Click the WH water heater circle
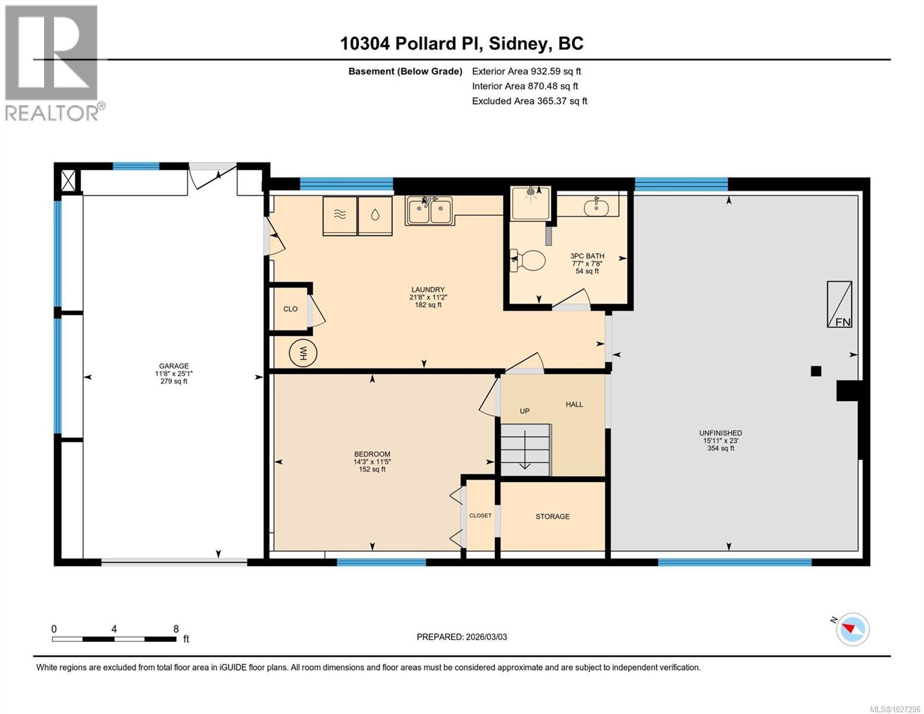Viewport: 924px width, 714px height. pos(303,352)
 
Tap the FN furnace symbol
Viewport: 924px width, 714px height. pos(839,304)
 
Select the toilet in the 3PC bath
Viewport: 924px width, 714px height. pos(528,260)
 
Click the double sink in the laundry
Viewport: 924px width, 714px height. pos(430,210)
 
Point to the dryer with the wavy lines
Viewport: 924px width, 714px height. pos(340,215)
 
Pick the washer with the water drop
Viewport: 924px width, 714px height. pos(375,215)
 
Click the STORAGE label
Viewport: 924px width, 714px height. pos(552,516)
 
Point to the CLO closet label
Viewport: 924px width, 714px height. pos(290,309)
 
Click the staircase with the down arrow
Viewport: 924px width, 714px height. pos(525,449)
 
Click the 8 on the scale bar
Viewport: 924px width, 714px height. pos(176,628)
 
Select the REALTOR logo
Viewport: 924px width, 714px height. pos(54,63)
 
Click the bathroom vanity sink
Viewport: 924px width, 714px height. pos(596,208)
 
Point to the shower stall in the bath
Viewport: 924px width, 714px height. pos(531,203)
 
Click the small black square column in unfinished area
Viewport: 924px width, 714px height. pos(816,371)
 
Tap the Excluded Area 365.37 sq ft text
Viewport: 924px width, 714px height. pos(530,101)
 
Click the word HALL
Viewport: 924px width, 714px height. pos(574,405)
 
